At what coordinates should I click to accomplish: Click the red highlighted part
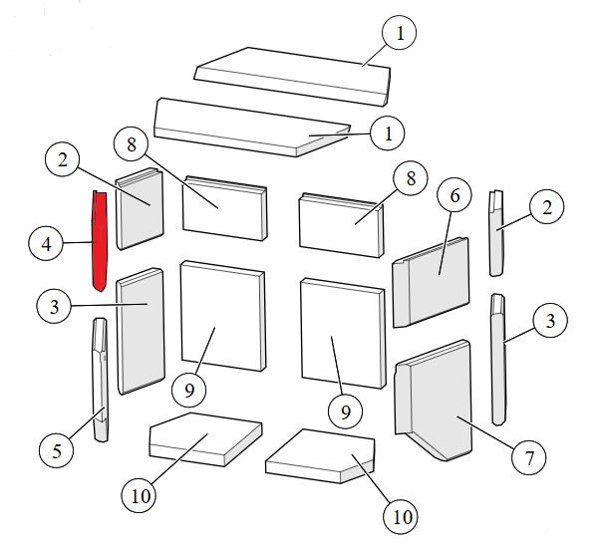100,240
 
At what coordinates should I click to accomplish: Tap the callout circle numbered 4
46,243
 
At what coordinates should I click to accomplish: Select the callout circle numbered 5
57,450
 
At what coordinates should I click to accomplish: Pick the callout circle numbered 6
454,195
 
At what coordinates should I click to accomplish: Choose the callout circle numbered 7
528,458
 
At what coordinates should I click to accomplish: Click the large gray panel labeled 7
434,400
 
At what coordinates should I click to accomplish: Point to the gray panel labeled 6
431,282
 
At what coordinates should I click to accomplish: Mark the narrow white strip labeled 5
100,380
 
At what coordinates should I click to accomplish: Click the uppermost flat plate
292,76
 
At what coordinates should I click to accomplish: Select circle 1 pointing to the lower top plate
388,134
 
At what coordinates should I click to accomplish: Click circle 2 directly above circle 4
62,159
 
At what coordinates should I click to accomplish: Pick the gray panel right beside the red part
140,208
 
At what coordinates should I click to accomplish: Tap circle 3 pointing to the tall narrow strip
550,320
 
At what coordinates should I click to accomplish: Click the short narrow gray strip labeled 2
497,233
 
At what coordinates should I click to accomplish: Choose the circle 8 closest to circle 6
411,178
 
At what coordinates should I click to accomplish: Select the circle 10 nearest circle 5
140,495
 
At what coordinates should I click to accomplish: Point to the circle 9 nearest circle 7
345,411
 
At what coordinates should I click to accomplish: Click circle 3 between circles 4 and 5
54,307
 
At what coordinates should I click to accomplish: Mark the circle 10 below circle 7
401,517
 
